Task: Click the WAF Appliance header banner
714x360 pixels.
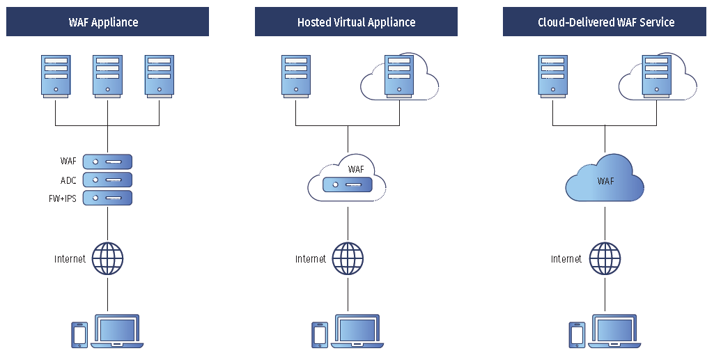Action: (x=107, y=22)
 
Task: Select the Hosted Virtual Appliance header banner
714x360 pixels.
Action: (x=356, y=22)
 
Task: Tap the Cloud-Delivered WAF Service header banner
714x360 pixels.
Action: (x=605, y=22)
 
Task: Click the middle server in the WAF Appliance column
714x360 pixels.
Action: (x=107, y=76)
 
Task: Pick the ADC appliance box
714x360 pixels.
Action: (x=107, y=180)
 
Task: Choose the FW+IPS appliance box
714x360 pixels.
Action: (x=107, y=198)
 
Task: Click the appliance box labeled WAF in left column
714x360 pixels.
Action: (x=107, y=162)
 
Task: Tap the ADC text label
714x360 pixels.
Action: (x=68, y=180)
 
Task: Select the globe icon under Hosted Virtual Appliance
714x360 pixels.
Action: (x=348, y=259)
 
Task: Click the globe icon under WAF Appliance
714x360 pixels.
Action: (x=107, y=259)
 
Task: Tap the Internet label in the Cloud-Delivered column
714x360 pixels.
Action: (x=566, y=259)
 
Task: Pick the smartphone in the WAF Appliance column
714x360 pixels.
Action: (x=79, y=334)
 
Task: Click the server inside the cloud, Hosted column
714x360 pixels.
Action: (x=399, y=76)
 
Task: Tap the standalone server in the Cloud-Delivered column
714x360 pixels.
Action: (x=553, y=76)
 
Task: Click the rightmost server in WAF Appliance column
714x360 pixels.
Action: (x=159, y=76)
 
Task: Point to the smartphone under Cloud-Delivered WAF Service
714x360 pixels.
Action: (x=577, y=334)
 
